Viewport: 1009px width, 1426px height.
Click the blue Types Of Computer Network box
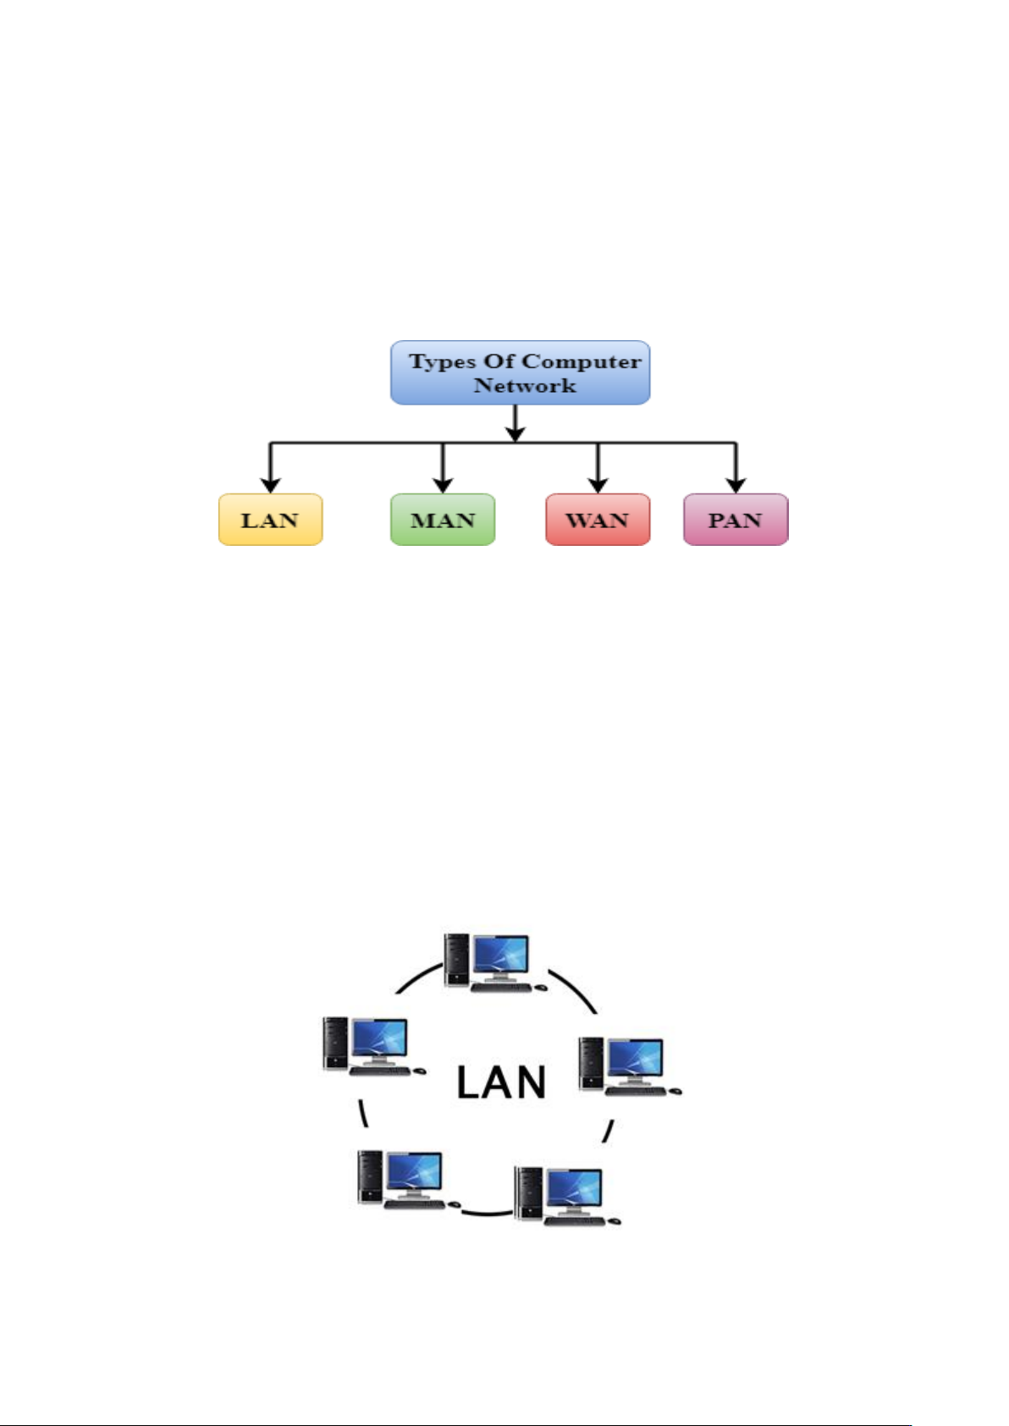(x=520, y=372)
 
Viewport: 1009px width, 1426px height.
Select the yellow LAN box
(x=270, y=520)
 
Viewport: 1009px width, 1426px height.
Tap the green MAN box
(x=443, y=520)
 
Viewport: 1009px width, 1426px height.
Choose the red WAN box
(x=598, y=520)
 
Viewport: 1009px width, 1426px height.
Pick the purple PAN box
(x=736, y=520)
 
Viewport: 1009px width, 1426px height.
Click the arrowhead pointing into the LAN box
(x=270, y=485)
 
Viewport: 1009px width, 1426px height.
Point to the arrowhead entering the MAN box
(x=443, y=485)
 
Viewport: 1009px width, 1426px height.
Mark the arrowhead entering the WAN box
(x=598, y=485)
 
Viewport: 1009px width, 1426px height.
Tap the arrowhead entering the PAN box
(x=736, y=485)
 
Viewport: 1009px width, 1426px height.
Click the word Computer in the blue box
(x=581, y=361)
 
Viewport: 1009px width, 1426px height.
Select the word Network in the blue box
(x=525, y=386)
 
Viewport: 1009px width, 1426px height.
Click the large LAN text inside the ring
(x=501, y=1082)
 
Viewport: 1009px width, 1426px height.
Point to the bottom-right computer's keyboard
(x=575, y=1220)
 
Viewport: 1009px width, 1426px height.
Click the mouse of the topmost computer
(x=541, y=987)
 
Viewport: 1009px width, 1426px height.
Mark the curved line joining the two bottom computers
(x=487, y=1214)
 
